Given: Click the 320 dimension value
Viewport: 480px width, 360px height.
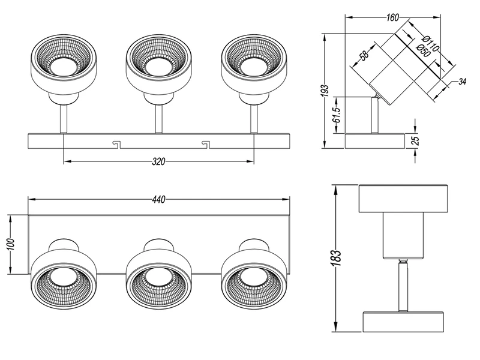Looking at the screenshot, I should coord(159,161).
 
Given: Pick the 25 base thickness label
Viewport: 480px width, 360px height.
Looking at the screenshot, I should coord(416,140).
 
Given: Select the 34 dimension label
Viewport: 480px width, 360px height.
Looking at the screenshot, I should coord(462,81).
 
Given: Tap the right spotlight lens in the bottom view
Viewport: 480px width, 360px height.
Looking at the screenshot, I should coord(253,278).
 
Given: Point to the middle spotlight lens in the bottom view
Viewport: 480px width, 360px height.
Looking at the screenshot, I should coord(158,278).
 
